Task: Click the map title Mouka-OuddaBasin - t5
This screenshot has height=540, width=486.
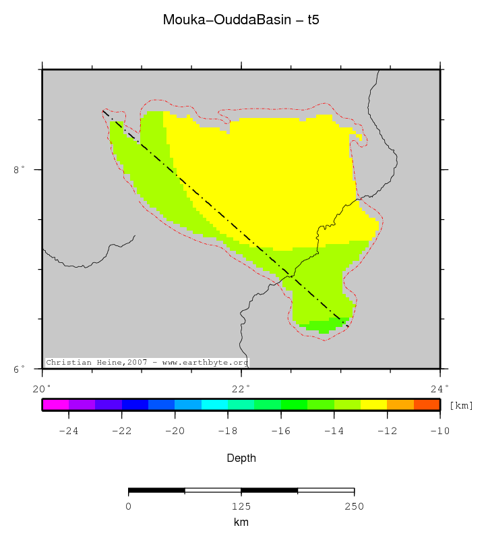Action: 241,20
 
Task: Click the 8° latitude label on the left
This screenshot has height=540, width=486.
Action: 19,170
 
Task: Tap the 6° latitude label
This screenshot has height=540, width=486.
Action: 19,369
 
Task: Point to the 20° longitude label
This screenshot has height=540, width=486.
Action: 42,388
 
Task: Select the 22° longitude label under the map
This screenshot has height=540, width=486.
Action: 241,388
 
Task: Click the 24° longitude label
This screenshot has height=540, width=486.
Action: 439,388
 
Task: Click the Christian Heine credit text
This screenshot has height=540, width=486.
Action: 147,363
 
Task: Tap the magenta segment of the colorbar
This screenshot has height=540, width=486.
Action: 55,404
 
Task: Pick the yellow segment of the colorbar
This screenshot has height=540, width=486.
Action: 373,404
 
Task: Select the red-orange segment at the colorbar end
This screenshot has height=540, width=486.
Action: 427,404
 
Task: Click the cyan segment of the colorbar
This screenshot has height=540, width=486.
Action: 214,404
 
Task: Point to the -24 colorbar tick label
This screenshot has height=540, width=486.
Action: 68,431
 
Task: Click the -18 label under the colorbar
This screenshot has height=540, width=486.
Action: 228,431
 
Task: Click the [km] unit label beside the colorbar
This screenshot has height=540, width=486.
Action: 461,405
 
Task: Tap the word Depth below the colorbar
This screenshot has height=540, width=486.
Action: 241,458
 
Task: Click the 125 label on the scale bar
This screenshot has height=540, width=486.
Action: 241,506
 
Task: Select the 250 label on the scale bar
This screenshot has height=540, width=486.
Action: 354,506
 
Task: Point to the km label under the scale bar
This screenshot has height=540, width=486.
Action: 241,522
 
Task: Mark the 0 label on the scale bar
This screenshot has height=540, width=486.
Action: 128,506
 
